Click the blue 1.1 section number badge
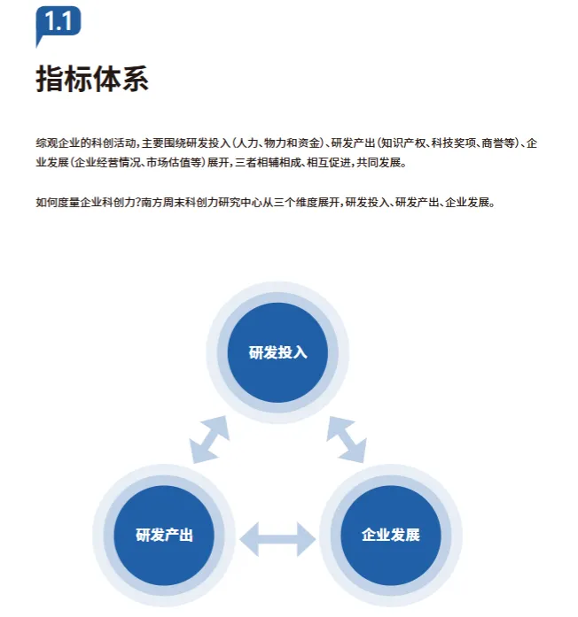point(58,22)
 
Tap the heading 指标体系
point(91,78)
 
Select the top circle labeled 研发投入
point(277,351)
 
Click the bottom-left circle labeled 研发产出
point(164,535)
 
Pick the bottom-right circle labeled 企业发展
point(390,535)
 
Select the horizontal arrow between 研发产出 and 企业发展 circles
point(277,536)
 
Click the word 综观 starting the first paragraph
point(46,143)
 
